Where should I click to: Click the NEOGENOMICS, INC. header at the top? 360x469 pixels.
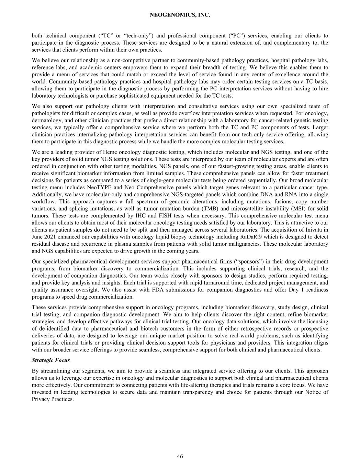pos(180,15)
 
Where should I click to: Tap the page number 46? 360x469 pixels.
pos(180,456)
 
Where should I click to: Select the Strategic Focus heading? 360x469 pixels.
pos(50,360)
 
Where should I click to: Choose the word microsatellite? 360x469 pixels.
pos(250,209)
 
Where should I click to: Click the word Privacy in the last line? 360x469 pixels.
pos(41,399)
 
